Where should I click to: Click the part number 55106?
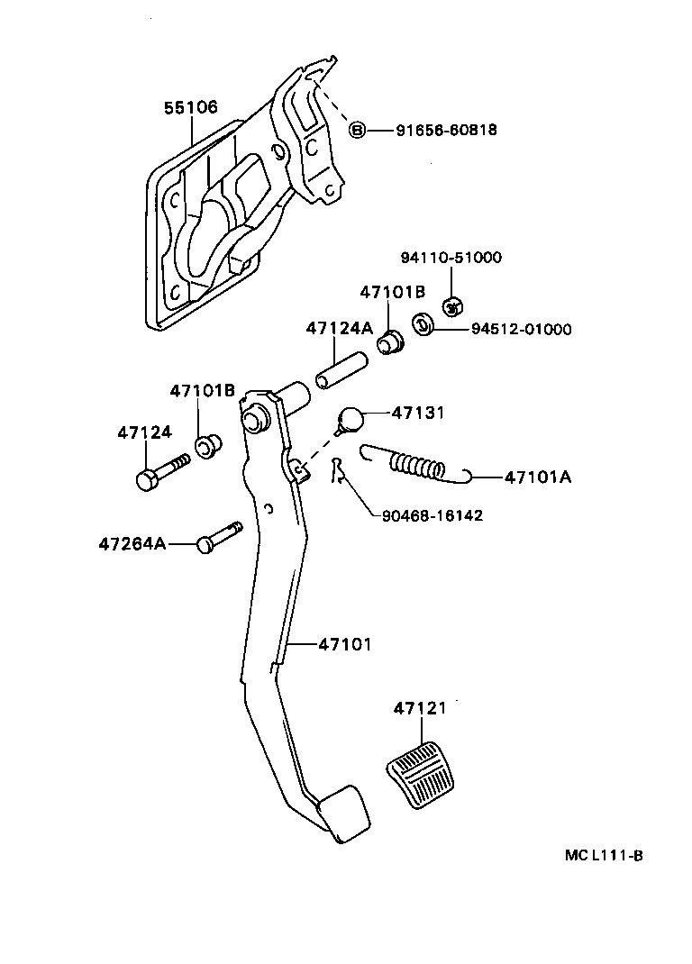click(x=190, y=108)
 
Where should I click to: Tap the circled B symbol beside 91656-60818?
click(x=357, y=131)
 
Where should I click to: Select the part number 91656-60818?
click(x=446, y=131)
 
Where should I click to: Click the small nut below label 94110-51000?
click(x=453, y=305)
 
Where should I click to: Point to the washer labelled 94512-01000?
click(x=422, y=323)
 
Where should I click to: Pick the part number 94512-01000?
click(x=521, y=330)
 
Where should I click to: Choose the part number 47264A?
click(x=132, y=544)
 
